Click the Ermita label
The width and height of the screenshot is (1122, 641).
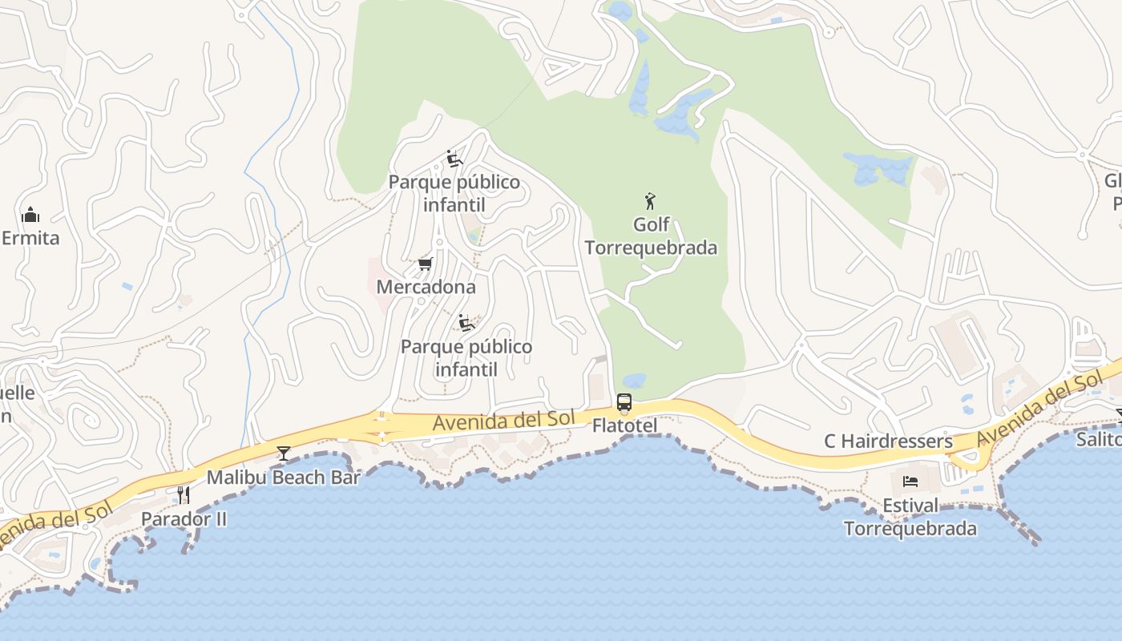click(30, 238)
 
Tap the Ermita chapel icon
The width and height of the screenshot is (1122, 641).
click(30, 215)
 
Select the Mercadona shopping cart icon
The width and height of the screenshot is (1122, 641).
click(426, 264)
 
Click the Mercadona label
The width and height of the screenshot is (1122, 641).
click(426, 287)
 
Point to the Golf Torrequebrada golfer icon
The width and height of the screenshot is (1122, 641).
click(650, 201)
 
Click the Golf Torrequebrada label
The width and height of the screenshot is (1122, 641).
click(651, 236)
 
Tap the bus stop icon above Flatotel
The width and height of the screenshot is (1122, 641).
click(624, 402)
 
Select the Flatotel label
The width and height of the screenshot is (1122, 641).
click(624, 425)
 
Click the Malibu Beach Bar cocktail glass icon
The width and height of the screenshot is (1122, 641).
click(284, 454)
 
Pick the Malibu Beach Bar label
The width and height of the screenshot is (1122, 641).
click(284, 478)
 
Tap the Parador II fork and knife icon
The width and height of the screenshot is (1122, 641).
click(184, 494)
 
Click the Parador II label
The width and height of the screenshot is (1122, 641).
click(184, 519)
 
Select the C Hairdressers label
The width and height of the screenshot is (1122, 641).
click(888, 441)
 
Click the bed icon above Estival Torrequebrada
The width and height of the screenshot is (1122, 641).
click(910, 482)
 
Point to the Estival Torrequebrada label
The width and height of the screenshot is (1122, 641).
click(910, 518)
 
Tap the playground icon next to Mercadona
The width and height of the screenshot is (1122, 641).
click(466, 323)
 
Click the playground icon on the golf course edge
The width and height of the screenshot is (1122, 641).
click(454, 159)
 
